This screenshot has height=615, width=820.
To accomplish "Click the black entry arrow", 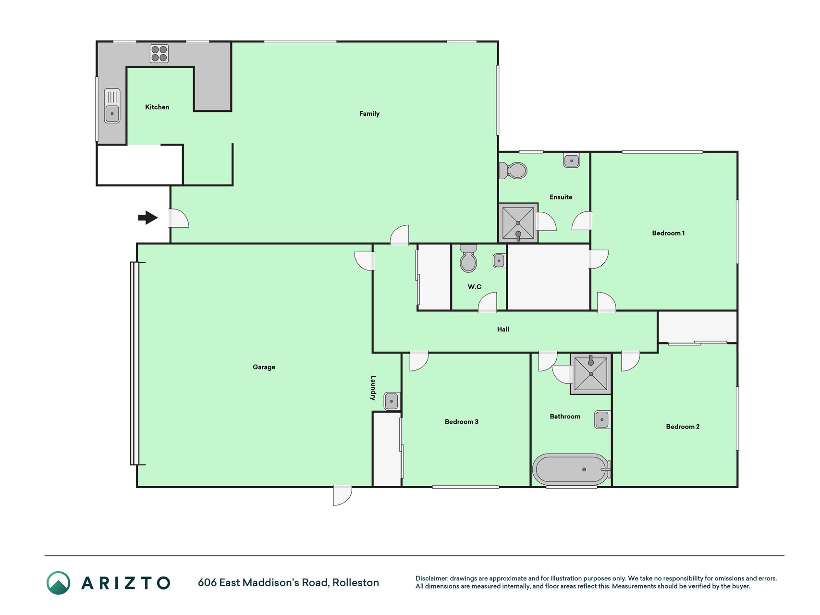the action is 148,218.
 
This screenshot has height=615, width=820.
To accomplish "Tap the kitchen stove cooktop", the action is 159,54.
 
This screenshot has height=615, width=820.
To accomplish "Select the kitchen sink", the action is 112,106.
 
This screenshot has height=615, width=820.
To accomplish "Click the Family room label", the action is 369,114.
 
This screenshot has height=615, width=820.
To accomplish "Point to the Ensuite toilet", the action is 513,171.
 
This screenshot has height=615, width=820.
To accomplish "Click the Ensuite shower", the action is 518,223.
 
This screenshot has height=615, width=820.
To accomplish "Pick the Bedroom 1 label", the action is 668,234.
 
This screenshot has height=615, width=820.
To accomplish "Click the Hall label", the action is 503,330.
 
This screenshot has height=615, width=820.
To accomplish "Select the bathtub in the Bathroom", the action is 572,469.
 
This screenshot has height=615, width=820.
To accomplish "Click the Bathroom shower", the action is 591,374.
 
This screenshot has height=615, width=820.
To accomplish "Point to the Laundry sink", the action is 392,401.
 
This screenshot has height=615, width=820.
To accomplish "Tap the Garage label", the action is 264,367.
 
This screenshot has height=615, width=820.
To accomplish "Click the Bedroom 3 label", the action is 461,422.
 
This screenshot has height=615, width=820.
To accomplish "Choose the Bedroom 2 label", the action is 683,427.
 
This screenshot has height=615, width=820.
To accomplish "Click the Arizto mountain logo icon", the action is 59,583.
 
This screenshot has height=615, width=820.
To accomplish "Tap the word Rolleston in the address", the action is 355,583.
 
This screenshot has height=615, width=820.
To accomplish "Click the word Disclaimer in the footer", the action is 431,578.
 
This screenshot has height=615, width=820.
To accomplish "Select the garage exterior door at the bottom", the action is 343,495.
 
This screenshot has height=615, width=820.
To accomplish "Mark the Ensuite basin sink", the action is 572,160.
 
